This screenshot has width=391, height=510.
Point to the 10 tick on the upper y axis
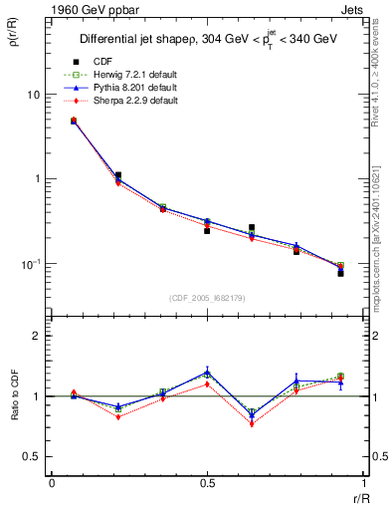pos(33,95)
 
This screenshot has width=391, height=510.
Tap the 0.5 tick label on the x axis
pos(207,482)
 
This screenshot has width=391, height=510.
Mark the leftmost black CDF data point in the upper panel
pos(74,121)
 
